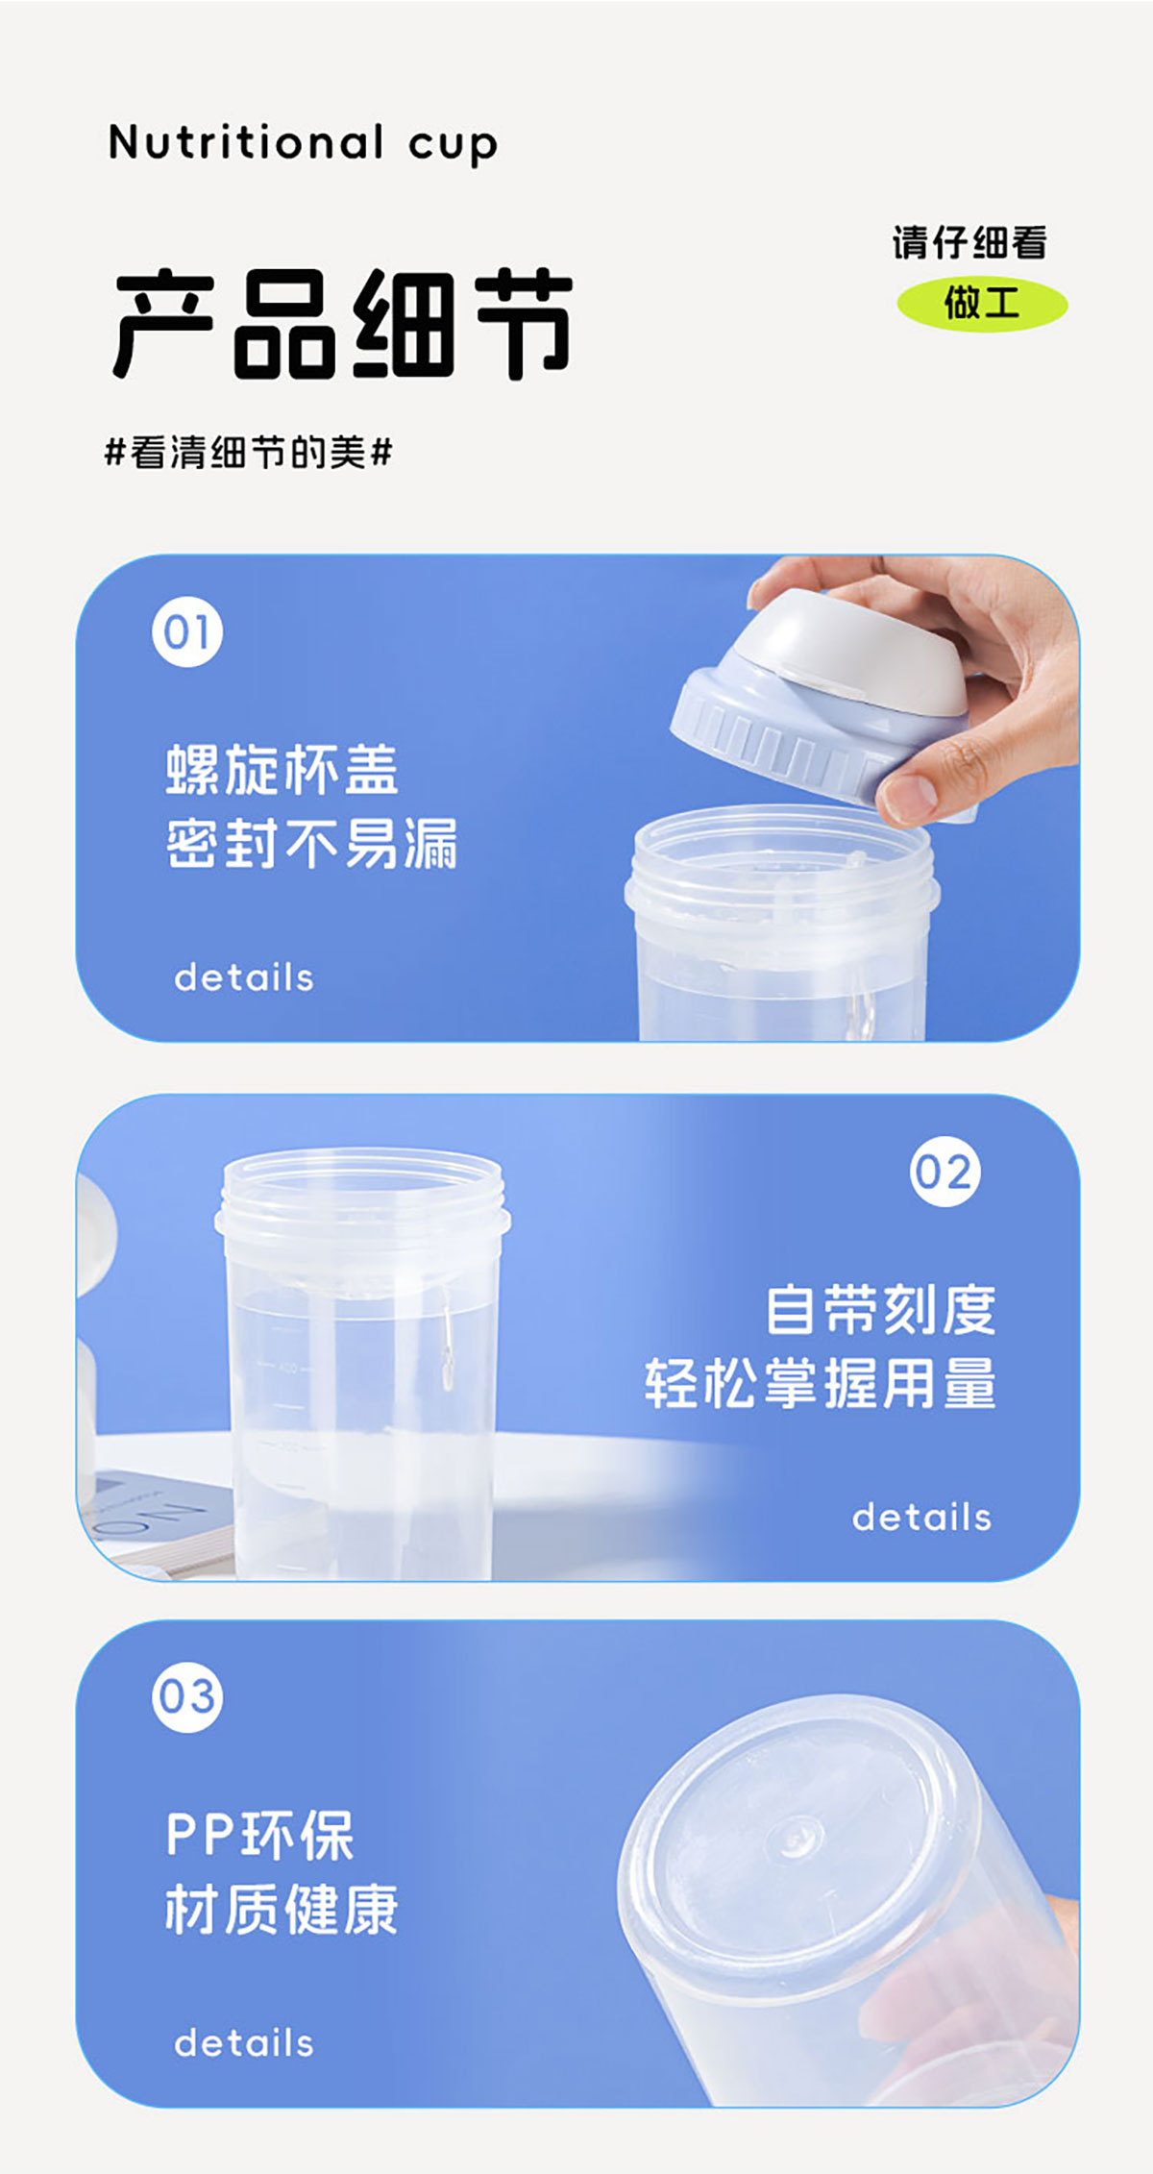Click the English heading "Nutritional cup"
pos(303,144)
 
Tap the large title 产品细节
pos(343,323)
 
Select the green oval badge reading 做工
pos(982,305)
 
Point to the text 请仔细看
pos(969,242)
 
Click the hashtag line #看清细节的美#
pos(249,452)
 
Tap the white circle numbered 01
pos(187,632)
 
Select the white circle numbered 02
pos(945,1172)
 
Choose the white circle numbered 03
pos(187,1697)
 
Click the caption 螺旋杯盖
pos(282,770)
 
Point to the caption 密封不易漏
pos(312,844)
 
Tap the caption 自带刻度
pos(881,1309)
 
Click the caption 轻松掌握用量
pos(822,1384)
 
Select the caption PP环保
pos(260,1835)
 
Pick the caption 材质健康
pos(282,1909)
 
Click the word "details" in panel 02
pos(921,1518)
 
